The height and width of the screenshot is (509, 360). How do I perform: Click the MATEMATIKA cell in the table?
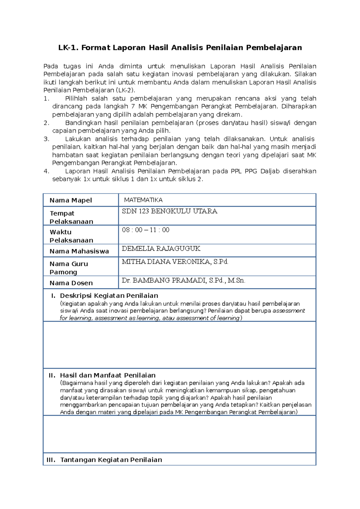(x=143, y=200)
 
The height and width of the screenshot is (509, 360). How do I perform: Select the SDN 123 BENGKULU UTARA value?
(x=169, y=211)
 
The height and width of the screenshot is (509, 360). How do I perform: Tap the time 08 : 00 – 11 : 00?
(x=145, y=230)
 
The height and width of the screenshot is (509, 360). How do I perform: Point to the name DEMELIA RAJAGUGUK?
(x=161, y=249)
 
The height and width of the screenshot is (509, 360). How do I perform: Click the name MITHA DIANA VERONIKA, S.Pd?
(x=175, y=262)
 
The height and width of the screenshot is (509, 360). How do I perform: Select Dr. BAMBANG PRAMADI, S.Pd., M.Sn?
(x=183, y=281)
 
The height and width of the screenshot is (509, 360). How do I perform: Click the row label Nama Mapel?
(x=71, y=200)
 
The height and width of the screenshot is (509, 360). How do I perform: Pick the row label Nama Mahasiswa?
(x=79, y=251)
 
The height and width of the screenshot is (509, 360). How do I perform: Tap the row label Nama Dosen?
(x=71, y=283)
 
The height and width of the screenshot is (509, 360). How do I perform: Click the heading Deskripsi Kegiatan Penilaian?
(x=109, y=296)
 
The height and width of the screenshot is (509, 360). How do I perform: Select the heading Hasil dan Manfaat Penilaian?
(x=108, y=375)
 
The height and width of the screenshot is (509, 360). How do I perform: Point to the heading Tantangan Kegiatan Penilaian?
(x=111, y=460)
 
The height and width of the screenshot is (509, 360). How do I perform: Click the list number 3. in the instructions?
(x=46, y=139)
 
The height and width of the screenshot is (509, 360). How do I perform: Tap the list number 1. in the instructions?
(x=46, y=99)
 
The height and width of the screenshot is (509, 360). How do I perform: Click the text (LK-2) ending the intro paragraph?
(x=126, y=90)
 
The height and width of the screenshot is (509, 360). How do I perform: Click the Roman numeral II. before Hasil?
(x=52, y=375)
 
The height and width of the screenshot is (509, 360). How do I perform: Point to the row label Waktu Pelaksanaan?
(x=71, y=236)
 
